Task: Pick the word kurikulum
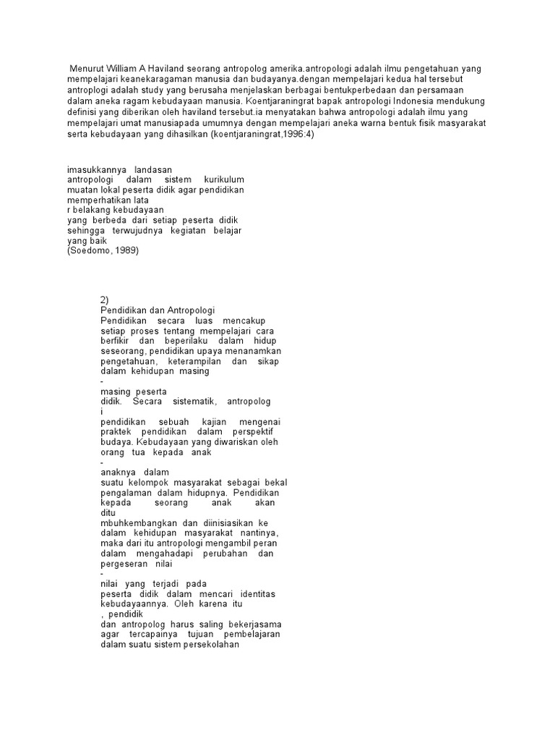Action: [x=224, y=179]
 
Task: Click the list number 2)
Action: [x=106, y=300]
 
